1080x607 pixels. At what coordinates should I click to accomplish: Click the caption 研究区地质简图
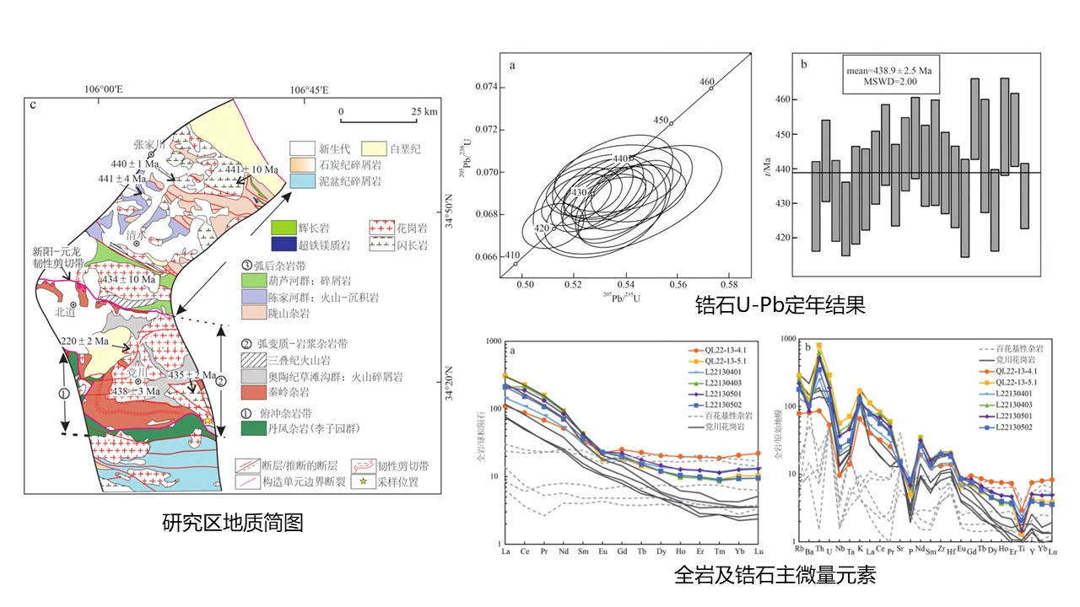(x=232, y=524)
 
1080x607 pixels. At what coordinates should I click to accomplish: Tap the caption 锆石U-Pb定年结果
(x=780, y=304)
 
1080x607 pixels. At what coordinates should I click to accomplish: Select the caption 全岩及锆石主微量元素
(x=775, y=576)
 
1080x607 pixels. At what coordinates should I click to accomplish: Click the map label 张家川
(x=152, y=143)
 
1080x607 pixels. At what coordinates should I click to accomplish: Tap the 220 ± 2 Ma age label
(x=86, y=341)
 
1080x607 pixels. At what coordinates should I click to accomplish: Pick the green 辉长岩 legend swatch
(x=285, y=228)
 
